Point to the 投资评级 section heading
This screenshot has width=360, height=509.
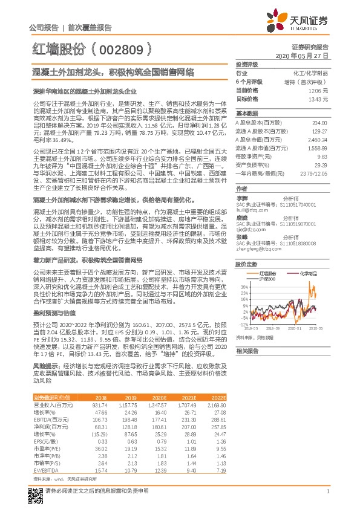click(x=247, y=64)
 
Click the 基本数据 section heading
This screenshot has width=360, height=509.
click(x=247, y=114)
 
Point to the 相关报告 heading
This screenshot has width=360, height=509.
click(x=247, y=351)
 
